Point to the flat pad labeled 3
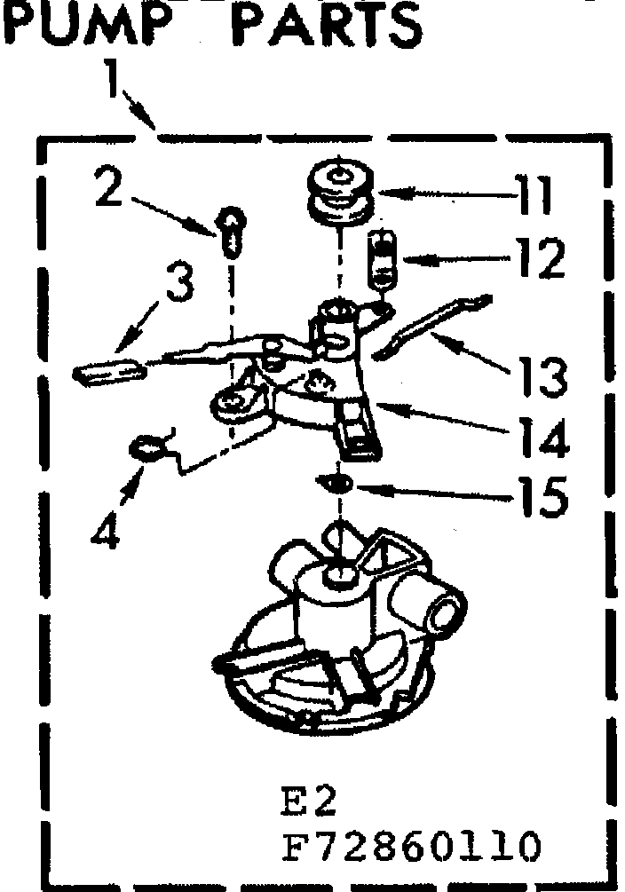(x=105, y=369)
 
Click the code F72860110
(x=410, y=846)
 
